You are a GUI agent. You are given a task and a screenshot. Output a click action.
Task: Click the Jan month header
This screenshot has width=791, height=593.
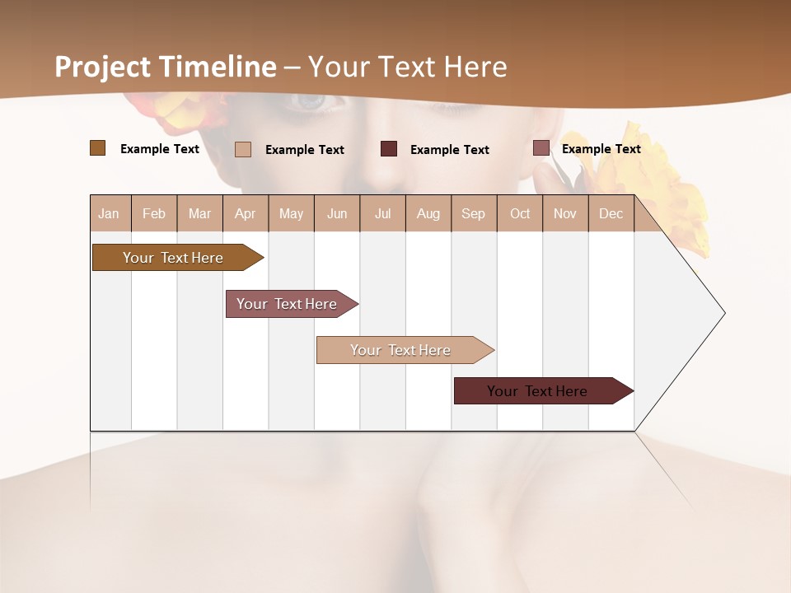110,213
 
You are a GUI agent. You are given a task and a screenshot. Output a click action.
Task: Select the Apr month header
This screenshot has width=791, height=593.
246,213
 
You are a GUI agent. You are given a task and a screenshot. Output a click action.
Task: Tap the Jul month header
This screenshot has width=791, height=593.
382,213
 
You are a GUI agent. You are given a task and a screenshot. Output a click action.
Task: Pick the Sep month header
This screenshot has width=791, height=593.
473,213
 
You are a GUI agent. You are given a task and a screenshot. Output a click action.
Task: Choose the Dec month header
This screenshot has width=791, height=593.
611,213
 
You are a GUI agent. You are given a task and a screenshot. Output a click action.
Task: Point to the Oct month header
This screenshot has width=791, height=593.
520,213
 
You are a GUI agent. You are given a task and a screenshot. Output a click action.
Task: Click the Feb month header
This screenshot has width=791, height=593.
154,213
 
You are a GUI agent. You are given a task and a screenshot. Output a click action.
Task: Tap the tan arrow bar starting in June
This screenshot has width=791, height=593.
401,350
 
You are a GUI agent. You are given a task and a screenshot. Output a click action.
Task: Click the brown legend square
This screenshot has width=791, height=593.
98,148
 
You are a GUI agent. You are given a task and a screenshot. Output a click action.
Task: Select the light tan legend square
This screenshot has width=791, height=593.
243,149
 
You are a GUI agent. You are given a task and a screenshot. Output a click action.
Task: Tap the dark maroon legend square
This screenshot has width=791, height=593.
389,149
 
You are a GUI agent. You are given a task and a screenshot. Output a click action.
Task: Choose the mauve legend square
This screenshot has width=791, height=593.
541,148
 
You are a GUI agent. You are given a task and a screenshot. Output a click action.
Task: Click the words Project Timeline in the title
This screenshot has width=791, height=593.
166,67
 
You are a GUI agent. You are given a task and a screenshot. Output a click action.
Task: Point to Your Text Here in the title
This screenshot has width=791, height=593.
408,67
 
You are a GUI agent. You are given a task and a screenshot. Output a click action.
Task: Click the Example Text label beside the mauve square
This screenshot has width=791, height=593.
601,149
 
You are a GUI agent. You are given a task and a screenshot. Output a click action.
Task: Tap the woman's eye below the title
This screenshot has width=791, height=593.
311,101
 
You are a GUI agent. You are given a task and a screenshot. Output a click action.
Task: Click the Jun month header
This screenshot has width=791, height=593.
337,213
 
